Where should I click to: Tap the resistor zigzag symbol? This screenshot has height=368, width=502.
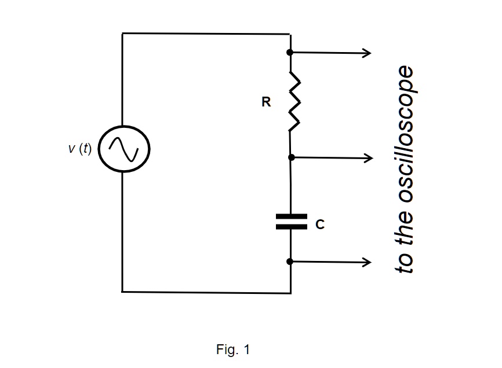294,101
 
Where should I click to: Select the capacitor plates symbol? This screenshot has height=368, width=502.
291,221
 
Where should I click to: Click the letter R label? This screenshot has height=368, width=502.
266,102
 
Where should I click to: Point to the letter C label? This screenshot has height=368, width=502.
320,225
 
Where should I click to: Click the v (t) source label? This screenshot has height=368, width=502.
80,149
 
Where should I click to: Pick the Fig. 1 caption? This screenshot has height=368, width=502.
232,349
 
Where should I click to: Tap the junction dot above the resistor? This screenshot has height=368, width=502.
290,53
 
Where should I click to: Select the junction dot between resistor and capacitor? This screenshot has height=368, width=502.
291,157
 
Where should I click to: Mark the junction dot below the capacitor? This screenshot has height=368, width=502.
290,262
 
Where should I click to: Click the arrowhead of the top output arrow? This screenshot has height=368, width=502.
367,53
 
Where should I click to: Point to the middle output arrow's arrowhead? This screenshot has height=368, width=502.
367,157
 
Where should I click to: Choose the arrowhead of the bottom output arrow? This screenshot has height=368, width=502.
367,262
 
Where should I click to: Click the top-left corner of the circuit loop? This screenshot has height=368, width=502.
122,34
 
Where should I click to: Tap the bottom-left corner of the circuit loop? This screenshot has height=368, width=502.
122,292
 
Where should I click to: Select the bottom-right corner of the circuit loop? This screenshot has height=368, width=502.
290,292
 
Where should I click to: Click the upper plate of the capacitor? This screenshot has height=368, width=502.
291,216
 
